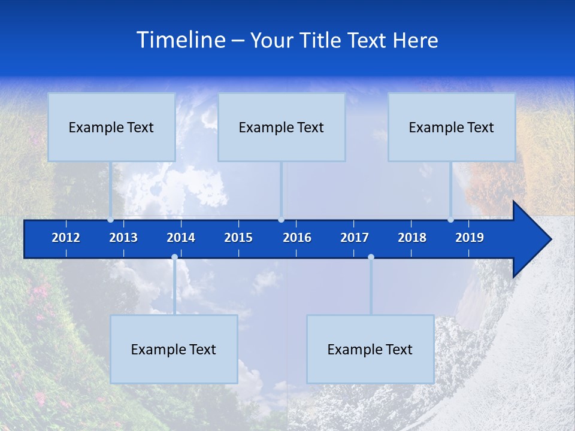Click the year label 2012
tap(66, 238)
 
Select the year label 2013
tap(123, 238)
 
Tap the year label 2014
tap(181, 238)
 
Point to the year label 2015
tap(238, 238)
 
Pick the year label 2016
tap(297, 238)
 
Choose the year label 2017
tap(355, 238)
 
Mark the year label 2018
tap(412, 238)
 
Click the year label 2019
tap(470, 238)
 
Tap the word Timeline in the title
tap(180, 40)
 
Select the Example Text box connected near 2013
tap(111, 127)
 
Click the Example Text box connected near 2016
tap(282, 127)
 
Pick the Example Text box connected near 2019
tap(452, 127)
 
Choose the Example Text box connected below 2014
tap(174, 349)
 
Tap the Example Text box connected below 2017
tap(370, 349)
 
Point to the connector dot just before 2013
tap(111, 220)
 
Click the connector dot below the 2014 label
tap(174, 257)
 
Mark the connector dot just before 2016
tap(281, 220)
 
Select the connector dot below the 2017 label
tap(371, 257)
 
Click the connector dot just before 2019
tap(451, 220)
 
